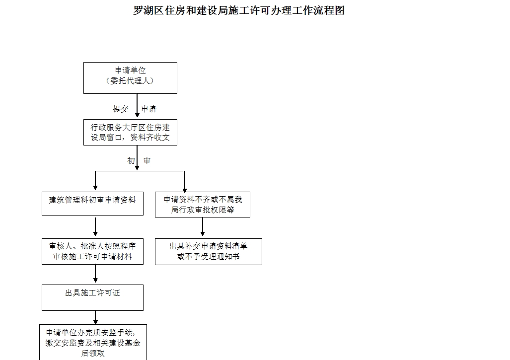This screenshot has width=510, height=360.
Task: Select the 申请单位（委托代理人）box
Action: pyautogui.click(x=130, y=77)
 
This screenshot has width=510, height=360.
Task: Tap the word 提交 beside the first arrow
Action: pyautogui.click(x=121, y=109)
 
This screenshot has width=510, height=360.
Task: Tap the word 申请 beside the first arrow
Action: pyautogui.click(x=149, y=109)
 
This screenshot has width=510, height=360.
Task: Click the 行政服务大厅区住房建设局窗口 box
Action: pyautogui.click(x=130, y=132)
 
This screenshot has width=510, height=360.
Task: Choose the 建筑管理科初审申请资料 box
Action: pyautogui.click(x=92, y=203)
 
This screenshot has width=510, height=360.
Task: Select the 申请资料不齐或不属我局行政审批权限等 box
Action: pyautogui.click(x=202, y=205)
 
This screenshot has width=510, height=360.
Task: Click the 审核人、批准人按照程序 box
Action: pyautogui.click(x=92, y=252)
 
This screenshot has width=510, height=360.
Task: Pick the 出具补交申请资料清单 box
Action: pyautogui.click(x=208, y=252)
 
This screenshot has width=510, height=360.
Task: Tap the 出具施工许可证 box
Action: pyautogui.click(x=92, y=297)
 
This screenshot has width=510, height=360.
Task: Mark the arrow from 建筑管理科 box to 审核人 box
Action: pyautogui.click(x=95, y=227)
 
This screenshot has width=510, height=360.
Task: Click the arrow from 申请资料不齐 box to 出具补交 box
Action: pyautogui.click(x=203, y=227)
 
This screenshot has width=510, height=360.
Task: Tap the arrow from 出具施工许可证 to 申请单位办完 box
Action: pyautogui.click(x=95, y=318)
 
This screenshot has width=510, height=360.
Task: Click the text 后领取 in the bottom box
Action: pyautogui.click(x=92, y=354)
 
